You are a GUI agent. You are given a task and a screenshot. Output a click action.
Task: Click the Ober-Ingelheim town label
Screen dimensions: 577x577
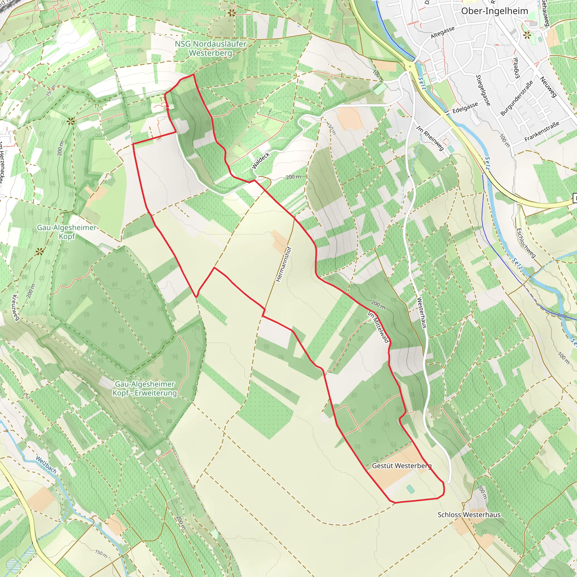pyautogui.click(x=494, y=11)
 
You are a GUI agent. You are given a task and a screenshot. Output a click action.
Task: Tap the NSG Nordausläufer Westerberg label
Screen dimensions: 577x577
pyautogui.click(x=210, y=48)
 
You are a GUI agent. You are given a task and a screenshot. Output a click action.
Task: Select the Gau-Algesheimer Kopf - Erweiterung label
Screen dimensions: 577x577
pyautogui.click(x=145, y=388)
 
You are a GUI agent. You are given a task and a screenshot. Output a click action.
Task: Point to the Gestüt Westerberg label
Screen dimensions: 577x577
pyautogui.click(x=402, y=466)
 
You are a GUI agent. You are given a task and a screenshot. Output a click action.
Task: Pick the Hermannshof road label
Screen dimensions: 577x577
pyautogui.click(x=283, y=264)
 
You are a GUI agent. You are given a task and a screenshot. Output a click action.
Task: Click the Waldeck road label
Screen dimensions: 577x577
pyautogui.click(x=261, y=161)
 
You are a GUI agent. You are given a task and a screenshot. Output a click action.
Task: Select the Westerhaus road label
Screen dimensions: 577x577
pyautogui.click(x=421, y=313)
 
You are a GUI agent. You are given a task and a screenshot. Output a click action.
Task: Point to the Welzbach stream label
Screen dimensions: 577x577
pyautogui.click(x=46, y=465)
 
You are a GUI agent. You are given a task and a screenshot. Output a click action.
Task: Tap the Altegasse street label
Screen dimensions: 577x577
pyautogui.click(x=443, y=32)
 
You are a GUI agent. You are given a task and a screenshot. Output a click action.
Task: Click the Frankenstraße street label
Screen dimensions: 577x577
pyautogui.click(x=542, y=131)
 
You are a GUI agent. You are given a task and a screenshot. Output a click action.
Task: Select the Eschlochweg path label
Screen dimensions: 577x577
pyautogui.click(x=526, y=243)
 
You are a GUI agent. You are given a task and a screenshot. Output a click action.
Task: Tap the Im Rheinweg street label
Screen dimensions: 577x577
pyautogui.click(x=430, y=138)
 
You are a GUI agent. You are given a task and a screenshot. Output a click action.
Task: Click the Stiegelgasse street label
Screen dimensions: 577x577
pyautogui.click(x=483, y=90)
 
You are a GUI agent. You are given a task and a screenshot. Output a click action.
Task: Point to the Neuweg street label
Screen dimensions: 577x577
pyautogui.click(x=549, y=87)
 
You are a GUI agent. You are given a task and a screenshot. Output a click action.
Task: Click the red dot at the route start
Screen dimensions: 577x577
pyautogui.click(x=168, y=106)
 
